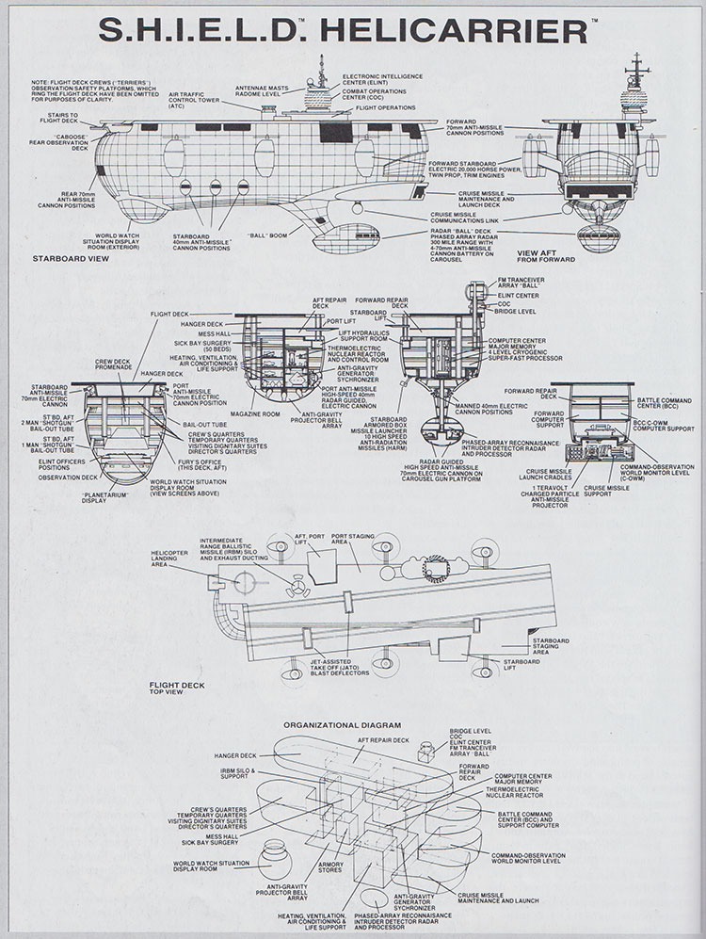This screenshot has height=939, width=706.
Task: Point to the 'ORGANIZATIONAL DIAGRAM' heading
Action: (347, 725)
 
